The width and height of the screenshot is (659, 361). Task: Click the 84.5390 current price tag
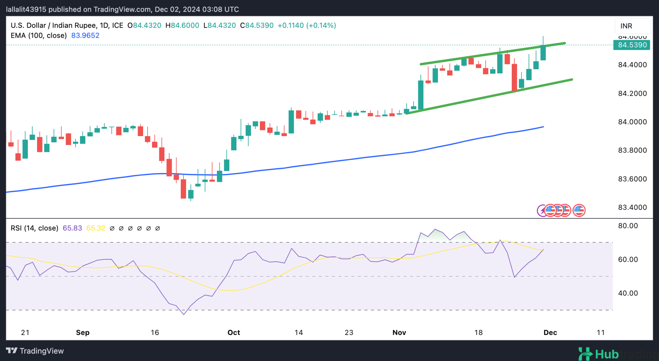click(x=632, y=45)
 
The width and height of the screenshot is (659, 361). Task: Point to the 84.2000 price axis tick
click(x=632, y=93)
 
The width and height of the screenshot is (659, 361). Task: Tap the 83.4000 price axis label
click(x=632, y=207)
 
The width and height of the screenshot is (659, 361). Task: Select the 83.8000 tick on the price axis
click(x=632, y=150)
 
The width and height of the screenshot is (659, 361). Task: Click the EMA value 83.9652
click(x=85, y=35)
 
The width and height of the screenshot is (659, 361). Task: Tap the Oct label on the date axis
click(x=234, y=332)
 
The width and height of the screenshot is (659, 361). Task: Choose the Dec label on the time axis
click(x=550, y=332)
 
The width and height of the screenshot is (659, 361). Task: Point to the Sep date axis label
click(x=83, y=332)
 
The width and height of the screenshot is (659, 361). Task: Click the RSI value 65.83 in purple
click(x=72, y=228)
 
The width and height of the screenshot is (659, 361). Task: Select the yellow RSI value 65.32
click(x=96, y=228)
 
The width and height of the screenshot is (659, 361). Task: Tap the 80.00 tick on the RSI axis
click(x=628, y=226)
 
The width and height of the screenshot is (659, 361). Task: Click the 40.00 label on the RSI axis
click(x=628, y=293)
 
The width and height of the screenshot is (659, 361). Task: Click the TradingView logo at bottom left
click(x=35, y=351)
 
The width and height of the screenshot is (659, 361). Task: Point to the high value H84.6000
click(x=182, y=25)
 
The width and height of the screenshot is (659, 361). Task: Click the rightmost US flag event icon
click(x=579, y=210)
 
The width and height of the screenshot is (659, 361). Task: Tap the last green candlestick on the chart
click(x=543, y=52)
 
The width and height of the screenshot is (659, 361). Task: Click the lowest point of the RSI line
click(x=184, y=314)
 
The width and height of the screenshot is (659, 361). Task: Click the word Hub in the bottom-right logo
click(x=606, y=354)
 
